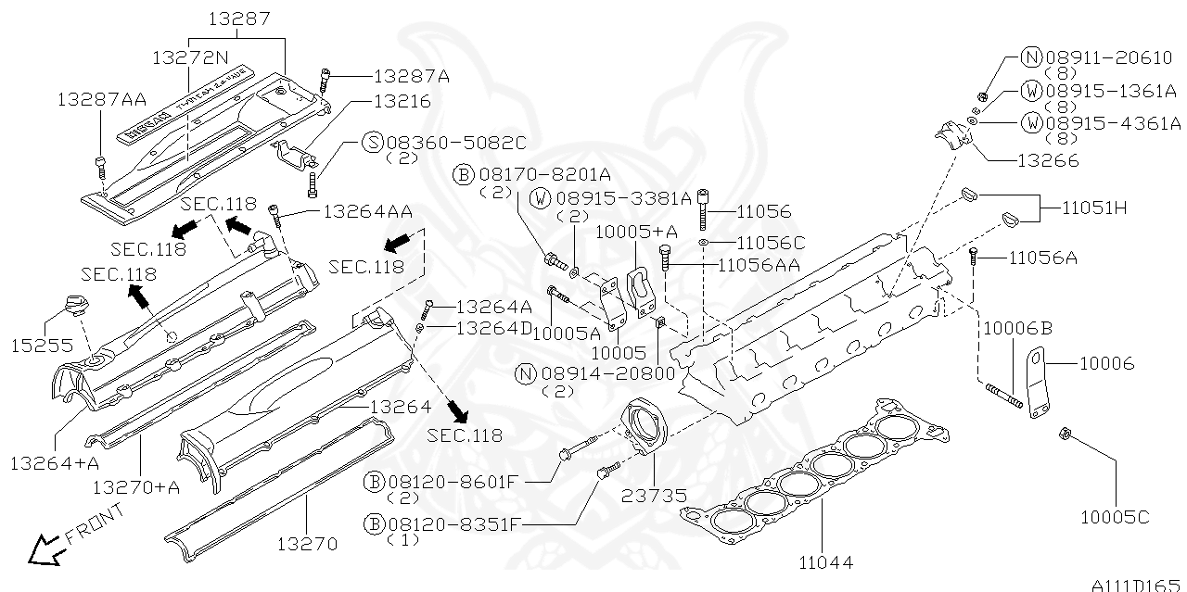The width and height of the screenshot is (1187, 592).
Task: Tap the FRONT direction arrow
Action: tap(42, 551)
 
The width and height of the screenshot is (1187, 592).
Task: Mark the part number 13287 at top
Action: tap(238, 18)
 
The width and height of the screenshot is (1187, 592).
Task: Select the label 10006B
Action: tap(1017, 327)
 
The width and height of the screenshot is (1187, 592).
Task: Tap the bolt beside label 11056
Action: tap(704, 210)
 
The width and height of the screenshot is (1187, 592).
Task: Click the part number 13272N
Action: tap(189, 57)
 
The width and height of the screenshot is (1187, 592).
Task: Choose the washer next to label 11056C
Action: tap(704, 243)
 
